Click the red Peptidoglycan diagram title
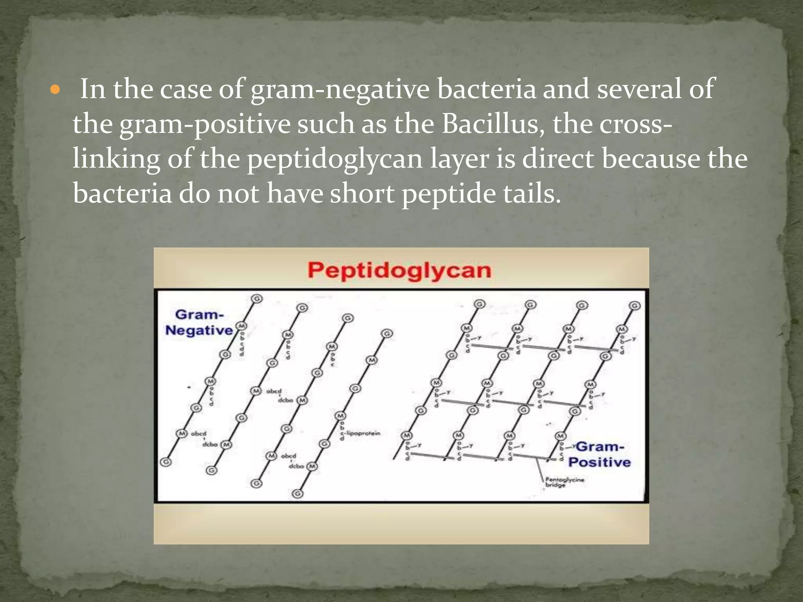[x=399, y=271]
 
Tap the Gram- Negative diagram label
[x=199, y=323]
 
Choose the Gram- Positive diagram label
[x=600, y=454]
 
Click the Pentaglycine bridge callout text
[x=564, y=482]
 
